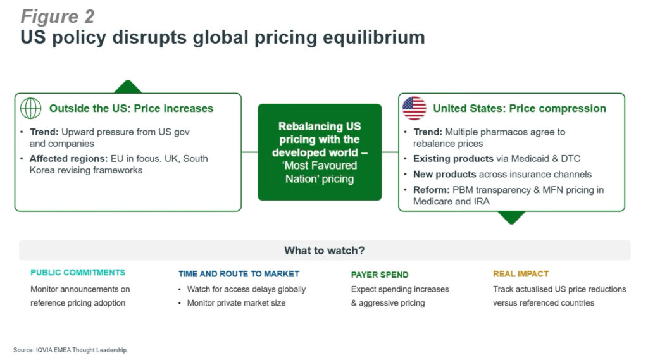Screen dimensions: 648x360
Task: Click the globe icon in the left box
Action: coord(30,108)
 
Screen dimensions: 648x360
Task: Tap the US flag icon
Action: coord(414,108)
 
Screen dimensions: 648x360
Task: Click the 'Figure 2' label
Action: coord(58,17)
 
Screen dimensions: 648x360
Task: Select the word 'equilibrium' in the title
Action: coord(374,37)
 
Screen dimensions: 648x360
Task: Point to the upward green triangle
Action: coord(128,87)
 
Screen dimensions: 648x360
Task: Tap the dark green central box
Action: coord(320,152)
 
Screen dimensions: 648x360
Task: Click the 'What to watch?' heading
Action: coord(325,251)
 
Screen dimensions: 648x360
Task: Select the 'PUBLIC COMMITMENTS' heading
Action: coord(78,273)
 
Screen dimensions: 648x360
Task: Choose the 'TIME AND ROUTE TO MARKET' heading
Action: coord(239,273)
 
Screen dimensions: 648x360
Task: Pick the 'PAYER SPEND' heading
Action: coord(380,275)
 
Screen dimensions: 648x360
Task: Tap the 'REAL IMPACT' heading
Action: coord(521,273)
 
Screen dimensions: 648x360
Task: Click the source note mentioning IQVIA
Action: coord(71,350)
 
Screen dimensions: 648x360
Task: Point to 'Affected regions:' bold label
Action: coord(68,159)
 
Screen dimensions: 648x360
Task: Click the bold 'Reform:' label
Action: coord(431,190)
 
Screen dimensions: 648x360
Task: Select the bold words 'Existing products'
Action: coord(453,159)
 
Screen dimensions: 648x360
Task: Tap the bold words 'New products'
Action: coord(445,175)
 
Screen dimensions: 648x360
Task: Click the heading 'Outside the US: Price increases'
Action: coord(132,108)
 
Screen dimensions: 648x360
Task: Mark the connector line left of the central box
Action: coord(249,152)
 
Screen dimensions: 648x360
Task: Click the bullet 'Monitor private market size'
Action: coord(237,303)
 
